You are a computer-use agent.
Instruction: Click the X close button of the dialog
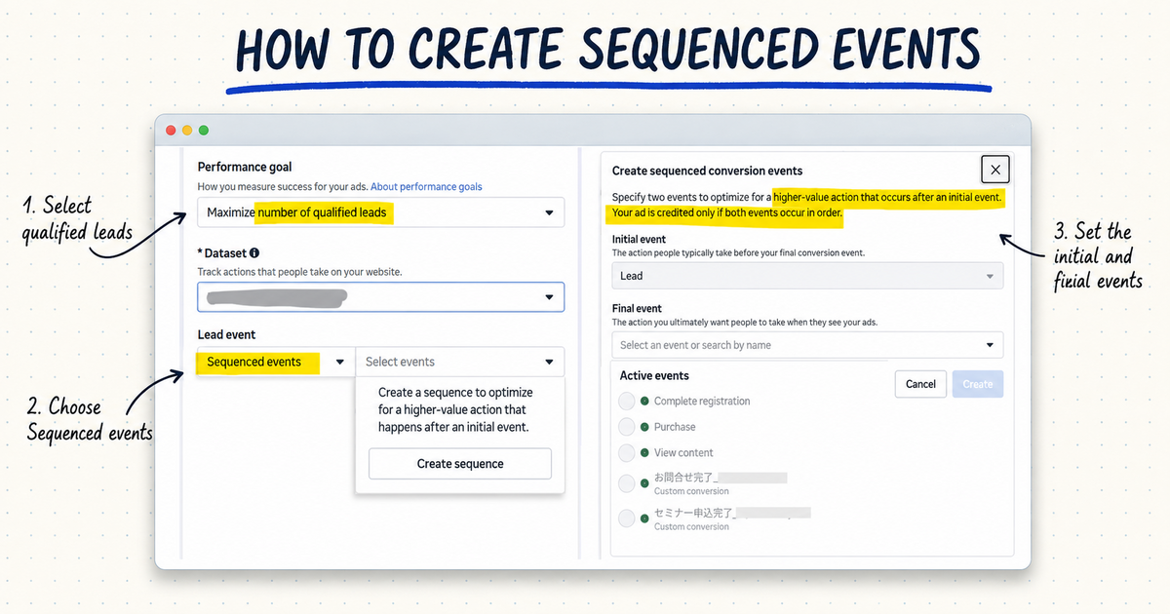point(995,170)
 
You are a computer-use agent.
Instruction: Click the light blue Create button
point(977,384)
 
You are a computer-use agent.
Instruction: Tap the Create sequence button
point(460,464)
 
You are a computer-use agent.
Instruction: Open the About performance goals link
point(426,187)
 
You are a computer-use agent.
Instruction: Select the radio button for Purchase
point(626,427)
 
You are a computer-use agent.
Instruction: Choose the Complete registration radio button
point(626,402)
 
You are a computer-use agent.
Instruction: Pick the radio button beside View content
point(626,452)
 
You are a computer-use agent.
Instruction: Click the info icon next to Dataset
point(254,253)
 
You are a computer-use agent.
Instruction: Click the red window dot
point(171,130)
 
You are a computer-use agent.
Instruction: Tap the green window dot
point(204,130)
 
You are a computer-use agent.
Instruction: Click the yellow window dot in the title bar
point(187,130)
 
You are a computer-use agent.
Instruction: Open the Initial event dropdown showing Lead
point(807,276)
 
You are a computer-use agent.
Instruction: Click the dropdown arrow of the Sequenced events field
point(340,362)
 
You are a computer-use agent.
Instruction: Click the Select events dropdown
point(459,362)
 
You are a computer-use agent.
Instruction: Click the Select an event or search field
point(807,345)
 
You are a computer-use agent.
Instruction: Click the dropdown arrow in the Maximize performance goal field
point(549,212)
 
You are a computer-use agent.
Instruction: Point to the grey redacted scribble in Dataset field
point(277,298)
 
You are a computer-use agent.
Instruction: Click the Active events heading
point(654,376)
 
